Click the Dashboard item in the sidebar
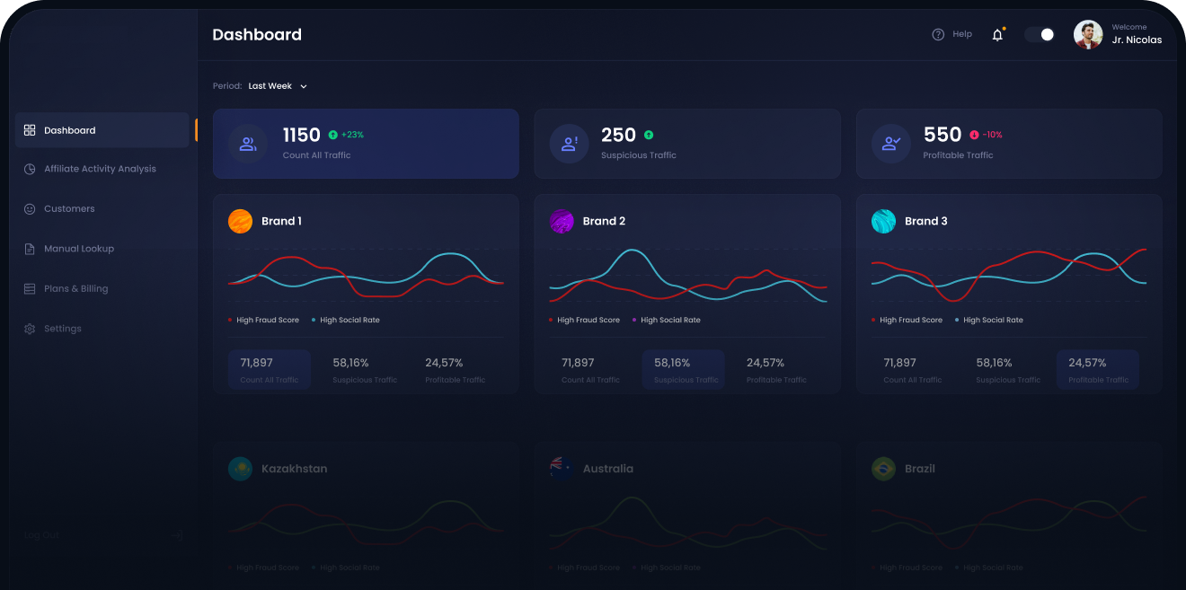click(x=69, y=130)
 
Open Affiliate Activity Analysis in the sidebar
click(x=99, y=169)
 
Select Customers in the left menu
click(x=68, y=208)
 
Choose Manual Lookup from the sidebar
click(x=78, y=249)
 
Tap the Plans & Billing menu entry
click(x=75, y=288)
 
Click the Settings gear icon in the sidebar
click(x=30, y=329)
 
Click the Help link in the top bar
click(x=952, y=34)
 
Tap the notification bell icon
click(x=997, y=35)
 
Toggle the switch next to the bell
click(x=1040, y=34)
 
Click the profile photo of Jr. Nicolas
click(x=1088, y=35)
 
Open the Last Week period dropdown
click(x=278, y=86)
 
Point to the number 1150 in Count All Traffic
click(x=301, y=135)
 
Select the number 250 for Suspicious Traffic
click(x=618, y=135)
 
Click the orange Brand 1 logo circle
click(x=240, y=221)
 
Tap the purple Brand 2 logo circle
click(x=562, y=221)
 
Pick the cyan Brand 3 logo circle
click(x=883, y=221)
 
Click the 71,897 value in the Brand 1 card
click(x=256, y=363)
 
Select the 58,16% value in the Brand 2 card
click(x=672, y=363)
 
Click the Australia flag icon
click(x=562, y=468)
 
